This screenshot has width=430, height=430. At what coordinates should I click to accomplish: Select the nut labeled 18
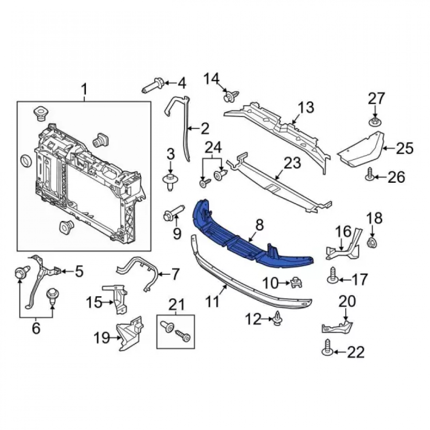coord(372,243)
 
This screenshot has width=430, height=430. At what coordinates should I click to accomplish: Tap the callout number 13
coord(306,107)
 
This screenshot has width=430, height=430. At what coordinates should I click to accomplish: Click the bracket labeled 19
coord(130,333)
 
